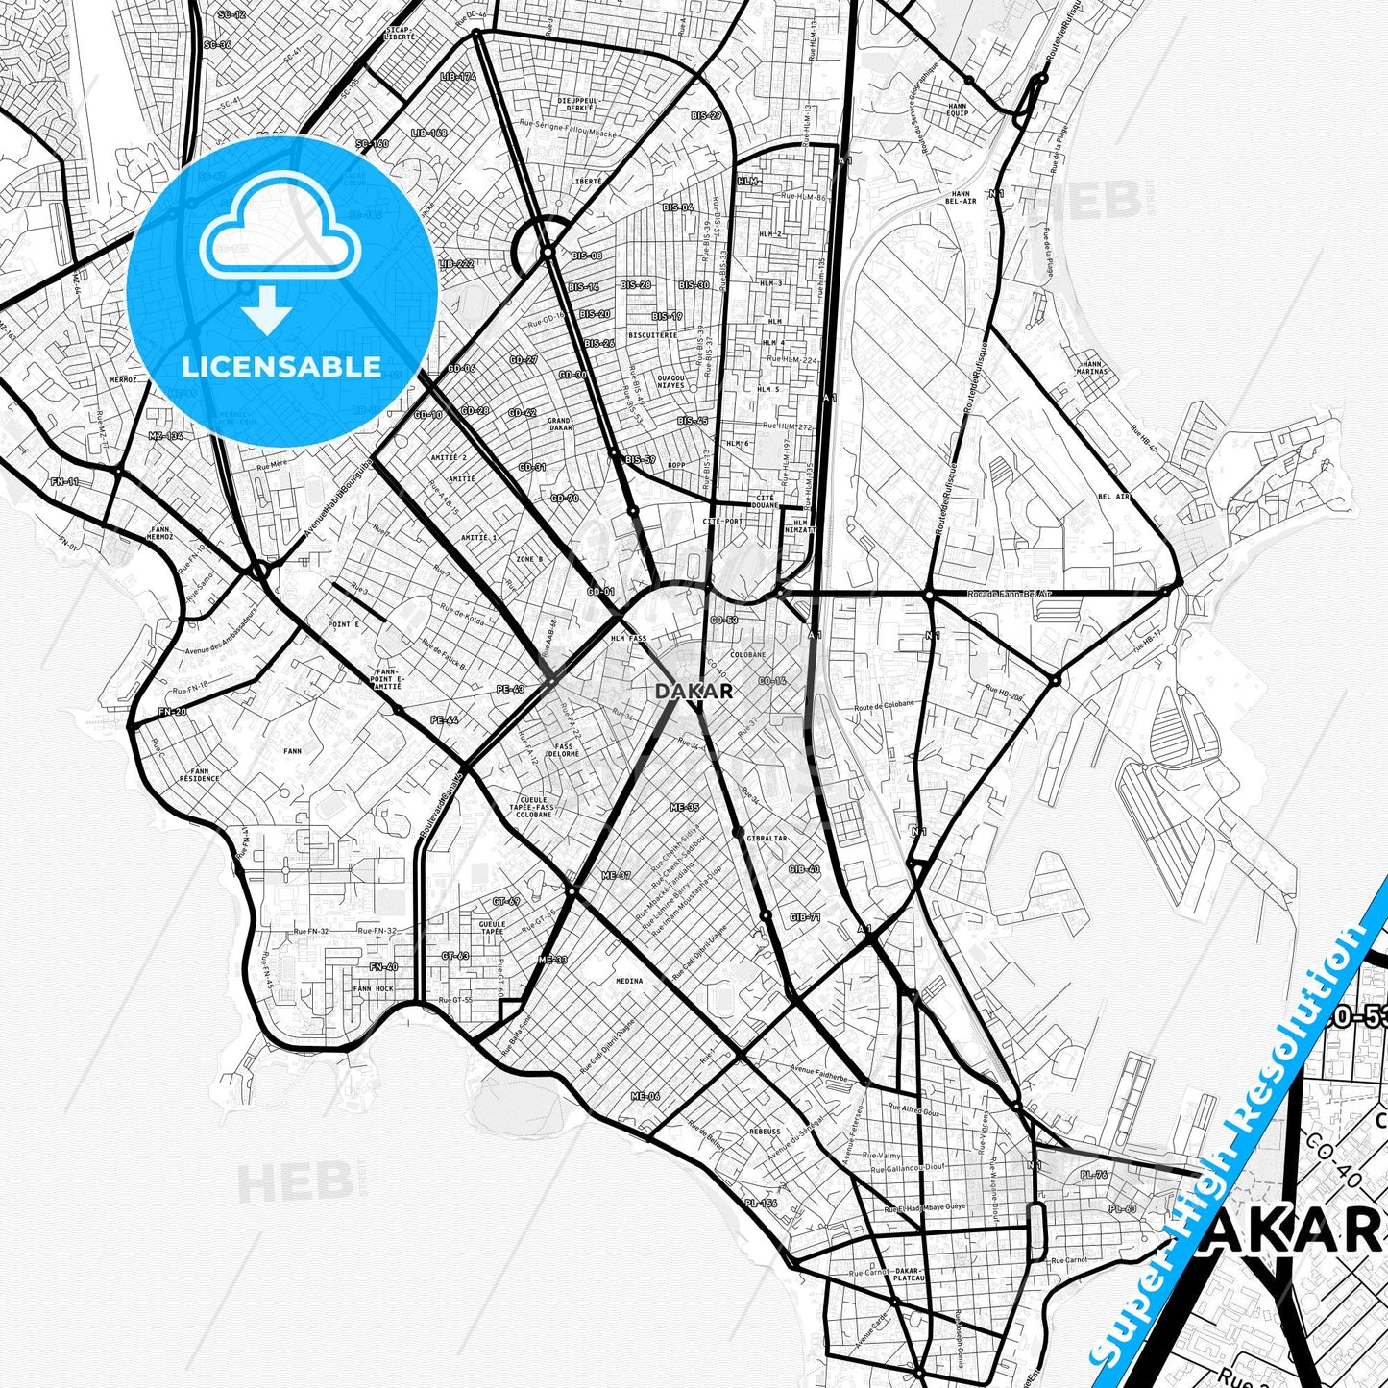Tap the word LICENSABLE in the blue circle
click(x=281, y=367)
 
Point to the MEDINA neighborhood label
click(x=629, y=981)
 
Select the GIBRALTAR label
click(x=767, y=838)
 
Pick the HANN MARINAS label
click(x=1093, y=367)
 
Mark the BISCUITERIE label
click(x=652, y=335)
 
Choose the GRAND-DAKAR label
click(x=560, y=425)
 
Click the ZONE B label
click(x=529, y=558)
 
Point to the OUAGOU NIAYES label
click(x=671, y=381)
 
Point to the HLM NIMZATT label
click(x=800, y=525)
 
